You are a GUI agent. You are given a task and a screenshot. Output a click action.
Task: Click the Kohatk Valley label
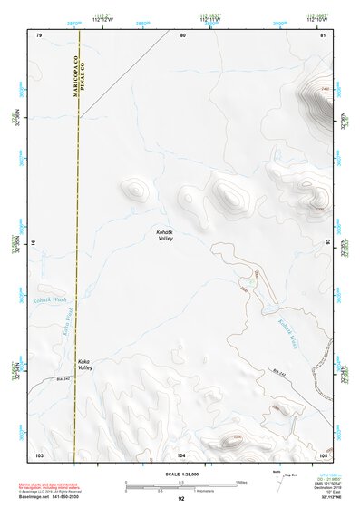(163, 236)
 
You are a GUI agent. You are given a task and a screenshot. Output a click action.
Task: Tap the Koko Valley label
(84, 365)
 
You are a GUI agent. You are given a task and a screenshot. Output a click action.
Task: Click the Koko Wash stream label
(67, 318)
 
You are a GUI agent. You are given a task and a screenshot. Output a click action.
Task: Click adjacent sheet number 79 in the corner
(39, 35)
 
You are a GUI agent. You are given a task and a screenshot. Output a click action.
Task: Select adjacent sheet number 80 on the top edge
(182, 35)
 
